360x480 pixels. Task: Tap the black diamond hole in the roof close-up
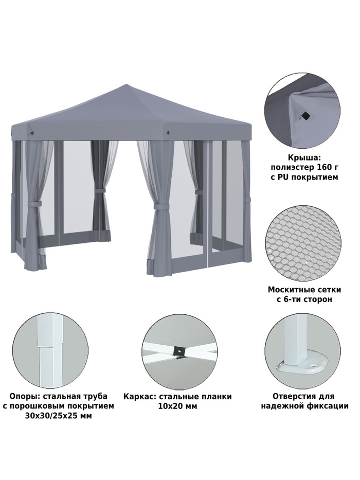pyautogui.click(x=304, y=115)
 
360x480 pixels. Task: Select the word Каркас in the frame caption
pyautogui.click(x=140, y=397)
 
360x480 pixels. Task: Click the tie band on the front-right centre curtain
pyautogui.click(x=161, y=207)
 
